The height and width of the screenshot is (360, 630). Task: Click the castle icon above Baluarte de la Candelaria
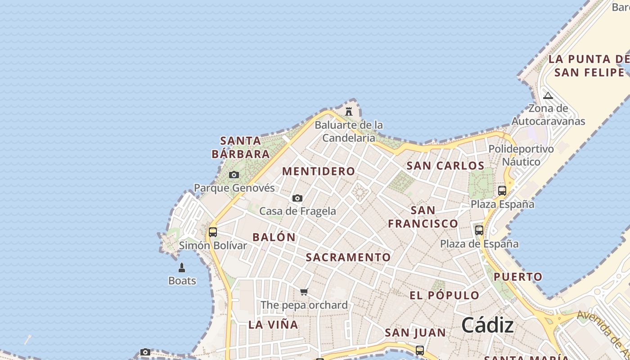[x=349, y=111]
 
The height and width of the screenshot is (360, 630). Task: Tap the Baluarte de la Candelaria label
[x=349, y=131]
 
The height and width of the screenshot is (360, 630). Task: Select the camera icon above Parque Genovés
[x=234, y=175]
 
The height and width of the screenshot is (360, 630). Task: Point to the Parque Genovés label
[x=234, y=188]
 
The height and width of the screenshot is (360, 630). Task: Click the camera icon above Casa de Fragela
[x=297, y=198]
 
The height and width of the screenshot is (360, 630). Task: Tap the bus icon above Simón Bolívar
[x=213, y=232]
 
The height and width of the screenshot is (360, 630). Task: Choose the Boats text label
[x=182, y=281]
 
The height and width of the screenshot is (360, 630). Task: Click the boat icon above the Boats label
[x=182, y=268]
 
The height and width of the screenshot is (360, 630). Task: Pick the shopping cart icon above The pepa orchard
[x=304, y=292]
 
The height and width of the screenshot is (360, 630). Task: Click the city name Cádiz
[x=487, y=324]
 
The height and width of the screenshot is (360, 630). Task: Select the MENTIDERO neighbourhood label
[x=319, y=171]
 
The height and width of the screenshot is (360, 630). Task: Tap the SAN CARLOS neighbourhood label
[x=445, y=166]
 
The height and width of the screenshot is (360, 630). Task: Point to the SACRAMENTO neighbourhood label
[x=348, y=257]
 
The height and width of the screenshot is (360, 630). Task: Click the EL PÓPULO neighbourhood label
[x=445, y=295]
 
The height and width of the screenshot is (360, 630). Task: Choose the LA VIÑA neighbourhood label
[x=273, y=324]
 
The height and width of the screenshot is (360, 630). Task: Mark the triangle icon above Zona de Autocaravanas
[x=548, y=95]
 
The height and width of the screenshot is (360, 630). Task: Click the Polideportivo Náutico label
[x=521, y=155]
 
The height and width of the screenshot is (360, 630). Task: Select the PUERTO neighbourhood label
[x=518, y=277]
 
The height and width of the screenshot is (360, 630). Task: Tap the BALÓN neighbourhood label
[x=274, y=237]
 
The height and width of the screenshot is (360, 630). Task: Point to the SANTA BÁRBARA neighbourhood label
[x=241, y=148]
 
